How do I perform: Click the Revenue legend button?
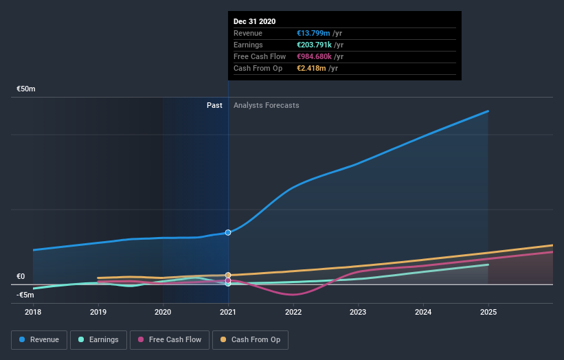39,339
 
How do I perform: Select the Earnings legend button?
99,339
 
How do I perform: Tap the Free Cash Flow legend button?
169,339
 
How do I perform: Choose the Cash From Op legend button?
251,339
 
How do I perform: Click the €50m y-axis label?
26,89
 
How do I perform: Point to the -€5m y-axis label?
25,295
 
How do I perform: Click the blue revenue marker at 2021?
228,232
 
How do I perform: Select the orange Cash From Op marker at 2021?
228,275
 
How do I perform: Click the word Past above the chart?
214,105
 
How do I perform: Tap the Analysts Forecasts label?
266,105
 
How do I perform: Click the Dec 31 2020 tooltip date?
254,21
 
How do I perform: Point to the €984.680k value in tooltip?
314,56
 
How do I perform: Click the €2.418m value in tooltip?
311,68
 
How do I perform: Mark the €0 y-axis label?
21,277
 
